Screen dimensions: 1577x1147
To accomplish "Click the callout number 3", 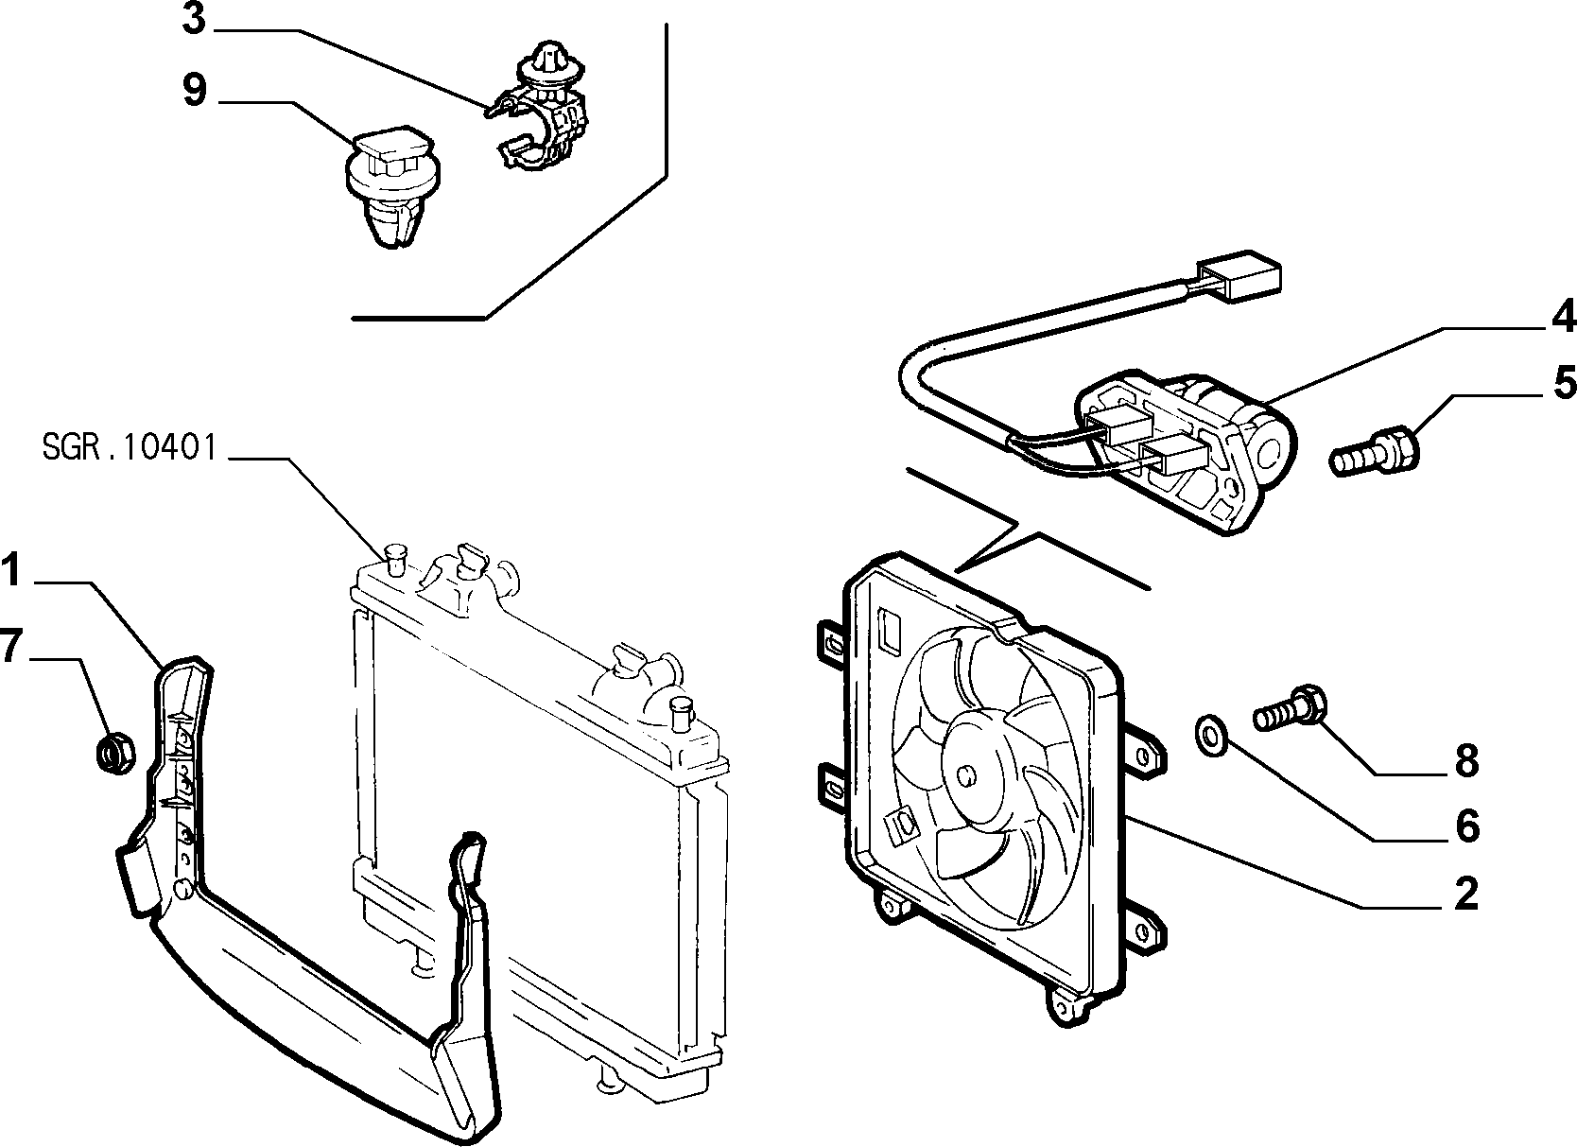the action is click(x=194, y=19).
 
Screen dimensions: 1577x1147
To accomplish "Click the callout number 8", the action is click(x=1467, y=761).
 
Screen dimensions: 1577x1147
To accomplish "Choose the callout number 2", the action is click(x=1465, y=894).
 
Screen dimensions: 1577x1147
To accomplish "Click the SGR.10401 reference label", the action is click(x=130, y=447).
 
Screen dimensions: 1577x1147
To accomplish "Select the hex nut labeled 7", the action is click(x=115, y=754).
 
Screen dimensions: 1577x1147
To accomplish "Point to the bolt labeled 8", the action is click(x=1290, y=709).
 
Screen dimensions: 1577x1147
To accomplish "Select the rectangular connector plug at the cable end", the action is click(x=1239, y=277).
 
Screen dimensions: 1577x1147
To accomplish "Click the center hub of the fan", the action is click(x=968, y=774).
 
